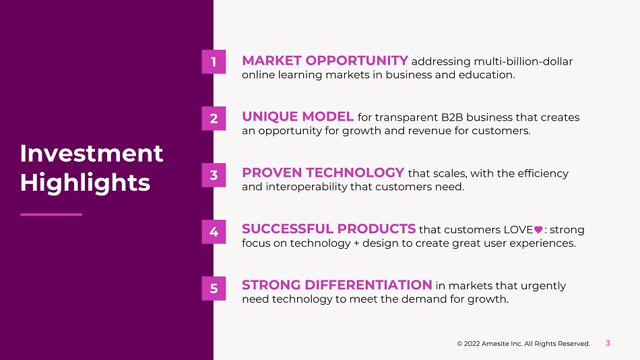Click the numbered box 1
point(214,62)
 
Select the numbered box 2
point(214,119)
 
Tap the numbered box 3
point(214,175)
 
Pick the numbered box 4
point(214,232)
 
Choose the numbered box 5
point(214,288)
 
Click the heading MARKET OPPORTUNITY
point(325,61)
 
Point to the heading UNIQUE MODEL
point(298,117)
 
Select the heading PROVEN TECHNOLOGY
point(323,173)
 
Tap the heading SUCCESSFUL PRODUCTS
point(329,229)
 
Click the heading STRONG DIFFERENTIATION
point(337,284)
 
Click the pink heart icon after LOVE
point(538,230)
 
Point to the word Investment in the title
point(92,153)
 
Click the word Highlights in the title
point(86,183)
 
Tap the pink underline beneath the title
point(51,214)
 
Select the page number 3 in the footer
point(608,343)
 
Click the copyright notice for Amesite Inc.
point(523,344)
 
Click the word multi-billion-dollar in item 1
point(523,61)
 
